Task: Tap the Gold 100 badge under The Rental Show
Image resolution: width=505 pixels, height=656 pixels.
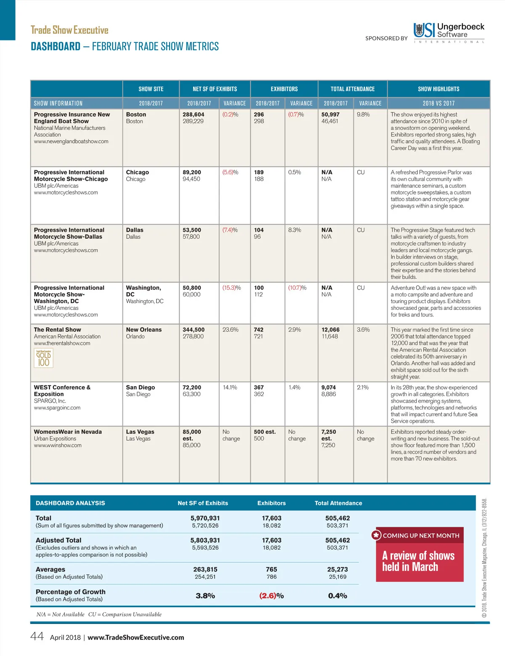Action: (44, 358)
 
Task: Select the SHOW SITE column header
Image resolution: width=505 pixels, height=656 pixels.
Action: (151, 89)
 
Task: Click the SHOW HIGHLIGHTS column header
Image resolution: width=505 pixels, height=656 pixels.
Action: (439, 89)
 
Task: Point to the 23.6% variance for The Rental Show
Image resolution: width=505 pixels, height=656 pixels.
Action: (230, 330)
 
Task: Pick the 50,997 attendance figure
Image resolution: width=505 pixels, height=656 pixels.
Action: (330, 115)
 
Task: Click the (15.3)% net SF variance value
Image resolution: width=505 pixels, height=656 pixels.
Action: (231, 288)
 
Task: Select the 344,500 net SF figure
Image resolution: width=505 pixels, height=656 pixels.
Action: (194, 330)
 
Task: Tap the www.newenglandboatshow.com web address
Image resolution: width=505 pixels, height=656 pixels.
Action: (71, 141)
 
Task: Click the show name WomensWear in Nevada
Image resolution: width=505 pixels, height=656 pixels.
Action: (68, 432)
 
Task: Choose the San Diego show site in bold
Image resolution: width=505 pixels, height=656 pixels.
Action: (140, 387)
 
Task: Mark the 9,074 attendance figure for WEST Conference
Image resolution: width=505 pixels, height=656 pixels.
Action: (328, 387)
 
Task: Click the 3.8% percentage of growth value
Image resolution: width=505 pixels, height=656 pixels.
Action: (205, 596)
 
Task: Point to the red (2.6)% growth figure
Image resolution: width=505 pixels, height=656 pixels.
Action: (271, 596)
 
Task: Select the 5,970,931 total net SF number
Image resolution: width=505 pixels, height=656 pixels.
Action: (205, 518)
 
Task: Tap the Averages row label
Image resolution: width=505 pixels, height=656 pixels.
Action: (50, 569)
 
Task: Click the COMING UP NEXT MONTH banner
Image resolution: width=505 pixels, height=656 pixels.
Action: (420, 536)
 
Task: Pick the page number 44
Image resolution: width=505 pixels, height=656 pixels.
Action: (37, 636)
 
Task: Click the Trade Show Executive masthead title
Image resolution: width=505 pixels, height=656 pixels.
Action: (69, 30)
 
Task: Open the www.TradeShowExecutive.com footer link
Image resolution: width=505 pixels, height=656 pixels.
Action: (136, 637)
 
